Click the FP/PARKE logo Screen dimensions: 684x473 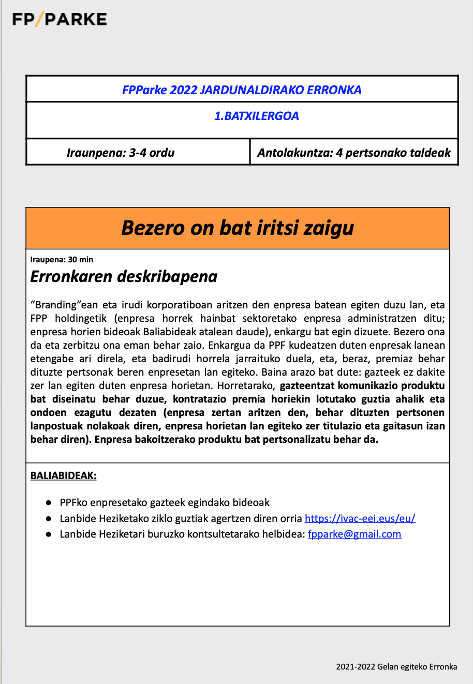point(60,20)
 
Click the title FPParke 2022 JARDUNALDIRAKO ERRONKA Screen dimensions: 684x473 point(242,90)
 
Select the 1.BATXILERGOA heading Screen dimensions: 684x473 point(257,116)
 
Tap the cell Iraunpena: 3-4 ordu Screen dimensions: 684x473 point(121,153)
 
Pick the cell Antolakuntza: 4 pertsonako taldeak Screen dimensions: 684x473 point(354,153)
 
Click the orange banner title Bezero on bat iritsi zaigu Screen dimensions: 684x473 point(238,228)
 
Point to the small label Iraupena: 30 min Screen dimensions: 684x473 point(62,260)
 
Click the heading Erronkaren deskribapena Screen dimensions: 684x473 point(124,277)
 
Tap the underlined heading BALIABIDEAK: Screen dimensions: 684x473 point(63,475)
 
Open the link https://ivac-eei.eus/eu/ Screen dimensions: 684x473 point(360,518)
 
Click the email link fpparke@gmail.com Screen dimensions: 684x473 point(354,534)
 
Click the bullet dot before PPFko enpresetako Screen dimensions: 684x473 point(48,502)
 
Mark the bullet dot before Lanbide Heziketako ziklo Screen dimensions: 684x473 point(48,518)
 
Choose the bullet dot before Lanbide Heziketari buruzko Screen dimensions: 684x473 point(48,534)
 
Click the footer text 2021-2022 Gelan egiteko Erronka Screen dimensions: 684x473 point(396,666)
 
